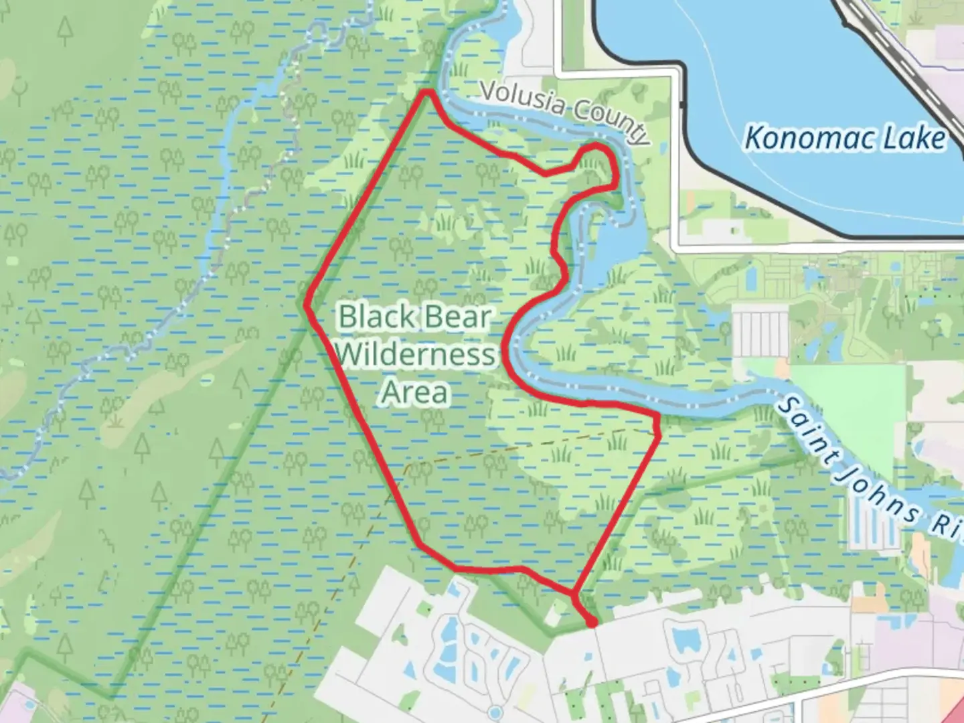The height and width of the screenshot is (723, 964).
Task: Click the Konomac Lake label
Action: tap(845, 139)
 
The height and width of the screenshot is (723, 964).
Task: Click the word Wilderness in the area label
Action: tap(416, 354)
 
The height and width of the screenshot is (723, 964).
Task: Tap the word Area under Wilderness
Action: tap(414, 391)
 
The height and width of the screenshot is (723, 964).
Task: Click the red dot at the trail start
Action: tap(592, 623)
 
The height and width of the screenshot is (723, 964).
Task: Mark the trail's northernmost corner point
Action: tap(426, 94)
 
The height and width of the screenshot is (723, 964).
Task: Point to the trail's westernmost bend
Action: tap(307, 304)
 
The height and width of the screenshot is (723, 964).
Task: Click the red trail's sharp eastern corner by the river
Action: tap(659, 416)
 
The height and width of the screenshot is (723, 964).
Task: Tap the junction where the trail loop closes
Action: tap(574, 593)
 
